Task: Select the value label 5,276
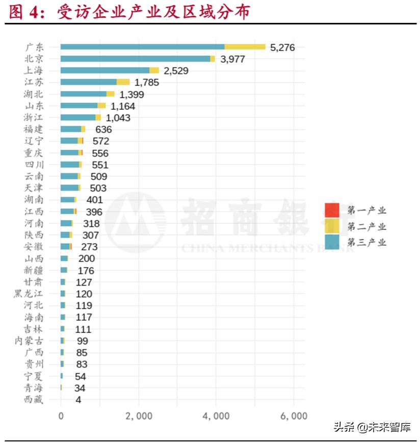point(282,47)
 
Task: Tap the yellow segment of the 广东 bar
point(245,47)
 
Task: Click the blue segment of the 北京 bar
point(135,59)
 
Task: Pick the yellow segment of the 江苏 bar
point(123,82)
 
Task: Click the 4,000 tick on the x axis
point(217,416)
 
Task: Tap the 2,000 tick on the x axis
point(139,416)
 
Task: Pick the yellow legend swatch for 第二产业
point(332,226)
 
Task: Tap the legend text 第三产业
point(367,242)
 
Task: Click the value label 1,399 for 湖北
point(132,94)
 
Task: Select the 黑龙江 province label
point(29,294)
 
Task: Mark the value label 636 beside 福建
point(103,129)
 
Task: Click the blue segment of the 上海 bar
point(104,70)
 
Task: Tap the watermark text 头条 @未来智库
point(372,427)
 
